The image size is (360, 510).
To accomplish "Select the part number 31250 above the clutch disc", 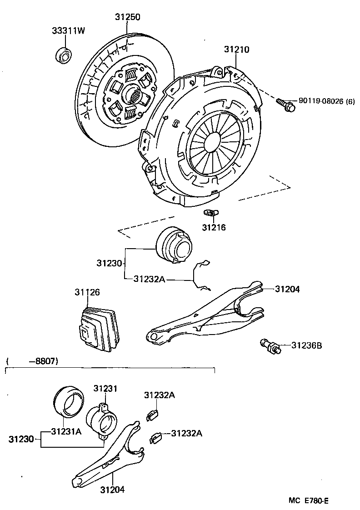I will (x=127, y=17).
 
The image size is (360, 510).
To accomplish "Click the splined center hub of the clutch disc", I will (x=135, y=95).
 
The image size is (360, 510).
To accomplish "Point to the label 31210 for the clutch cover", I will (x=236, y=50).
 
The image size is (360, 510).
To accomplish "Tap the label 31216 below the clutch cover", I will (x=214, y=227).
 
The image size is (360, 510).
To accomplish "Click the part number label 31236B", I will (x=306, y=346).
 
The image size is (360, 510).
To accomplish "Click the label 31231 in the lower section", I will (x=105, y=388).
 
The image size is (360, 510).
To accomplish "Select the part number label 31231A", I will (x=66, y=431).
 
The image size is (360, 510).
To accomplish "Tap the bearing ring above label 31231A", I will (x=67, y=400).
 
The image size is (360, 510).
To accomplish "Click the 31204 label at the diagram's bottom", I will (x=112, y=490).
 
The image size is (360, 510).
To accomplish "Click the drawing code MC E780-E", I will (x=309, y=500).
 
